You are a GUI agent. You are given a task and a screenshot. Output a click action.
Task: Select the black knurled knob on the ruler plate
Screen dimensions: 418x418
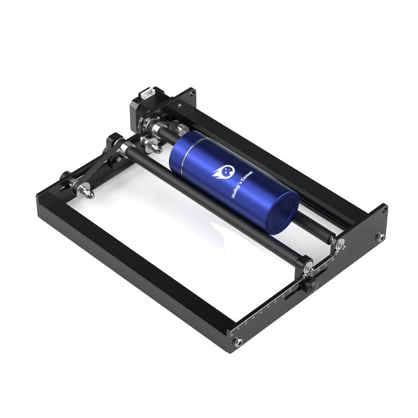click(312, 284)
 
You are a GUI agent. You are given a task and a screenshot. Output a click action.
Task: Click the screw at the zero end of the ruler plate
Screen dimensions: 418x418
click(237, 343)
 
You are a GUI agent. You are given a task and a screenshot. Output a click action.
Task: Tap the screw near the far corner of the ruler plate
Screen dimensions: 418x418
click(380, 237)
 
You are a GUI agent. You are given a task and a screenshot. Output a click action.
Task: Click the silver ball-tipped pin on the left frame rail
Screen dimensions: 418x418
click(87, 192)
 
